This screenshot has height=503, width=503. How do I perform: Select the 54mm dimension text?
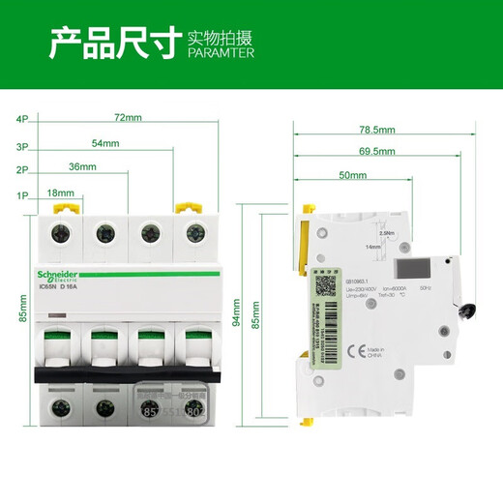pos(105,143)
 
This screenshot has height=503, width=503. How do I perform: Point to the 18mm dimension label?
pos(60,193)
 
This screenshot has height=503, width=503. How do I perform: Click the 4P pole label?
pos(21,119)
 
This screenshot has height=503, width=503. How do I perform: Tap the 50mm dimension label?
pos(352,177)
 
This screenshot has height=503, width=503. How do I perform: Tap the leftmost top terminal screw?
pos(62,233)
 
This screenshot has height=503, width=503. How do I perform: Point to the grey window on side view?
pos(409,270)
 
